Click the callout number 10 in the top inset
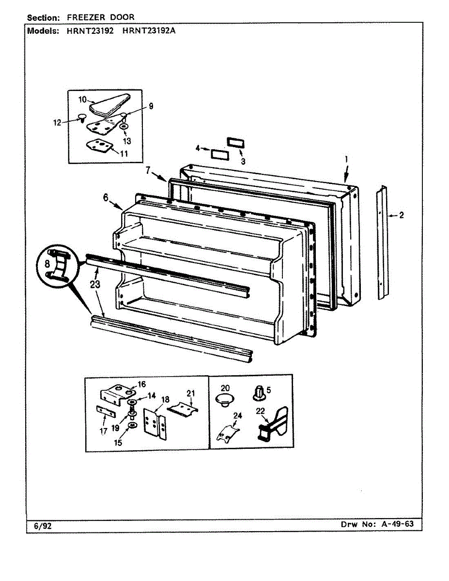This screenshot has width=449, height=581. click(x=82, y=99)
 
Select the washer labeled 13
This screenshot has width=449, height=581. click(x=124, y=127)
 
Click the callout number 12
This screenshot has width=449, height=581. click(x=58, y=122)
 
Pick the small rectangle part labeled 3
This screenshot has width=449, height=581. click(x=235, y=142)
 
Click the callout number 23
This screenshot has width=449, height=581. click(x=95, y=284)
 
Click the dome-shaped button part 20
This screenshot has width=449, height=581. click(x=223, y=400)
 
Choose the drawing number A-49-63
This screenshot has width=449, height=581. click(x=394, y=525)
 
